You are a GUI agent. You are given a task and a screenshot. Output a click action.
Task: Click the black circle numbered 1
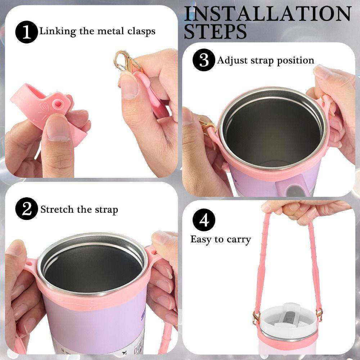26,32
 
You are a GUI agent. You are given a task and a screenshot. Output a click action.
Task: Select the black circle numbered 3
204,60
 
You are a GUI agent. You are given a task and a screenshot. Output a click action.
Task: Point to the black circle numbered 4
204,220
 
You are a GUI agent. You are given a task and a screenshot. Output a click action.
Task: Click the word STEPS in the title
215,32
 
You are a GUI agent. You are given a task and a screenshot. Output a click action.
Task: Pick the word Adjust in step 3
230,60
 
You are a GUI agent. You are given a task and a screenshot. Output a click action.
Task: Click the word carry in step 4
238,239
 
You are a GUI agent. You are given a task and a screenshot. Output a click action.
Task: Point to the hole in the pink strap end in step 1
57,105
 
